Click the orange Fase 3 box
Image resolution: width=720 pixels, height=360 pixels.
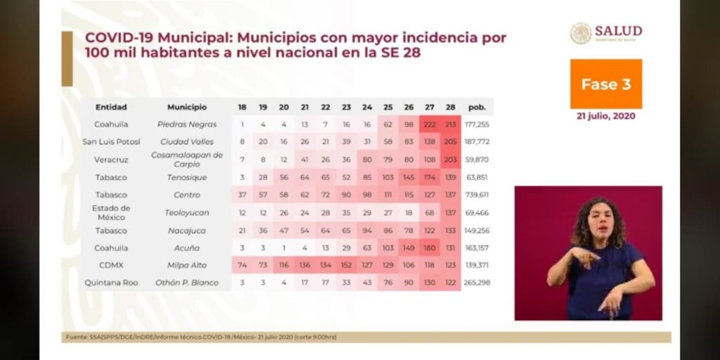pos(605,84)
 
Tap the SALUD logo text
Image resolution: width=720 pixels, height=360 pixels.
pos(618,31)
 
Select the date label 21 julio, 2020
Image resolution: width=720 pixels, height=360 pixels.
pos(605,116)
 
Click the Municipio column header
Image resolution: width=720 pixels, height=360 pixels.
pos(187,107)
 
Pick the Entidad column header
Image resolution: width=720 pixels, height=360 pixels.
pos(111,107)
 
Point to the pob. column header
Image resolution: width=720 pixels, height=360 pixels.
pos(477,107)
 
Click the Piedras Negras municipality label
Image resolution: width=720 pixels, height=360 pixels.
pos(187,124)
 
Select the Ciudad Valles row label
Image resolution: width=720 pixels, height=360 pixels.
pos(187,142)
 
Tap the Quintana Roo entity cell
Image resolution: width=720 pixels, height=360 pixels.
pos(111,283)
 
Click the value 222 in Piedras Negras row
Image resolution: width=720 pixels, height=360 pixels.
pos(430,124)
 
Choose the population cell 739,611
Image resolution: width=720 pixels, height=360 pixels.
pos(477,195)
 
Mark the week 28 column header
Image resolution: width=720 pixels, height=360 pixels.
pos(450,107)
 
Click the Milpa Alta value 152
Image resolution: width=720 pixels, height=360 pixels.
pos(346,265)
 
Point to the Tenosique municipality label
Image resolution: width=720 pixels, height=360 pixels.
pos(187,177)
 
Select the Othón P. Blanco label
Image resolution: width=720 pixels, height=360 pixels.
pos(187,283)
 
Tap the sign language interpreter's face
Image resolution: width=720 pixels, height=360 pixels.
pos(594,221)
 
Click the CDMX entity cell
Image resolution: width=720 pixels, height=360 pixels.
pos(111,265)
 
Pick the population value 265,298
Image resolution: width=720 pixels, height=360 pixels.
pos(477,283)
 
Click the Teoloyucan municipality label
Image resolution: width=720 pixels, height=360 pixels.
pos(187,212)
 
